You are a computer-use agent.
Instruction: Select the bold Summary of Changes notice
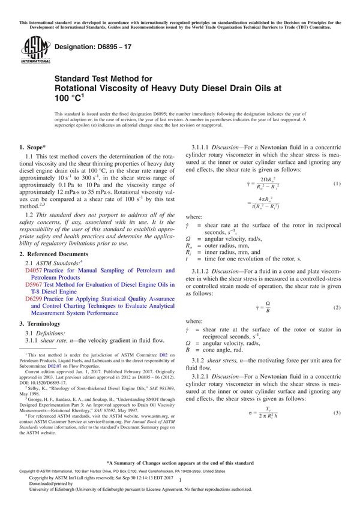[x=179, y=463]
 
